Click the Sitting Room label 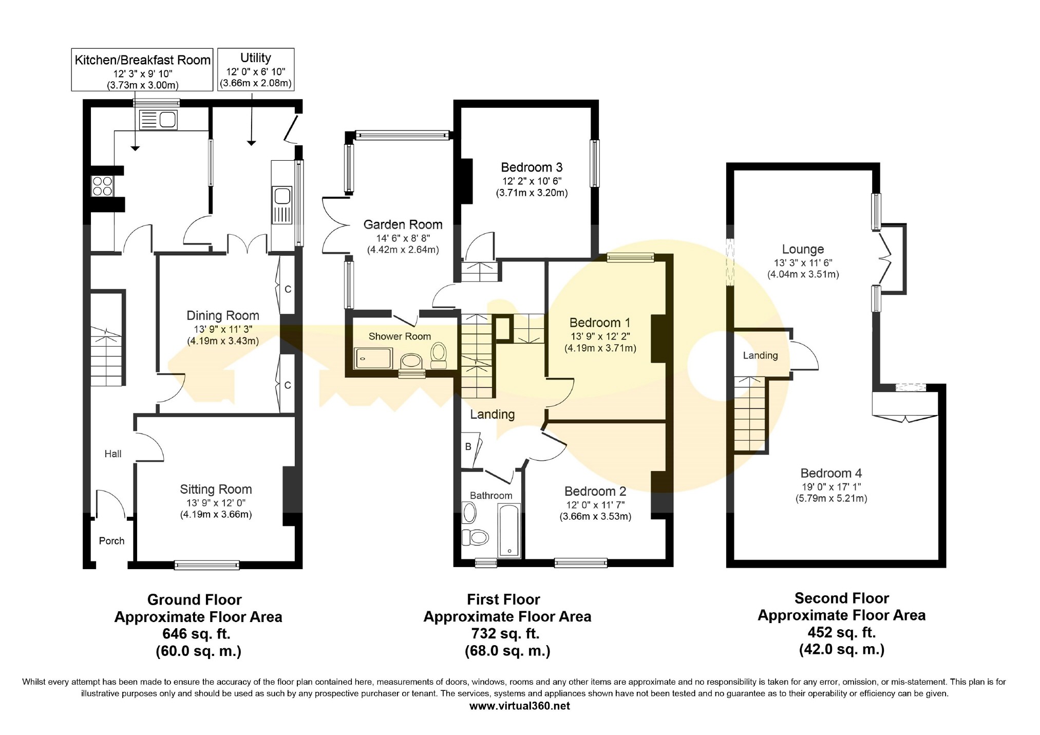tap(216, 489)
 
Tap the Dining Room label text tap(222, 315)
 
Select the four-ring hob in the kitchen tap(102, 186)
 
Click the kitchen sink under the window tap(158, 120)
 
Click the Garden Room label tap(403, 224)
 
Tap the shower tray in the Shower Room tap(373, 359)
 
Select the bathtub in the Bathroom tap(509, 531)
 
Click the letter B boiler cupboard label tap(468, 447)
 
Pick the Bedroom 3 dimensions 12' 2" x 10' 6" tap(532, 181)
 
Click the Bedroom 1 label tap(600, 323)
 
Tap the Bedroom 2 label tap(595, 492)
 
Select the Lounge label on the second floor tap(803, 250)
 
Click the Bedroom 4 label tap(831, 473)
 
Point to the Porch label tap(111, 541)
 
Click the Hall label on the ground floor tap(113, 454)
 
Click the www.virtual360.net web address tap(520, 706)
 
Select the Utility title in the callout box tap(255, 58)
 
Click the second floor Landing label tap(760, 355)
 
